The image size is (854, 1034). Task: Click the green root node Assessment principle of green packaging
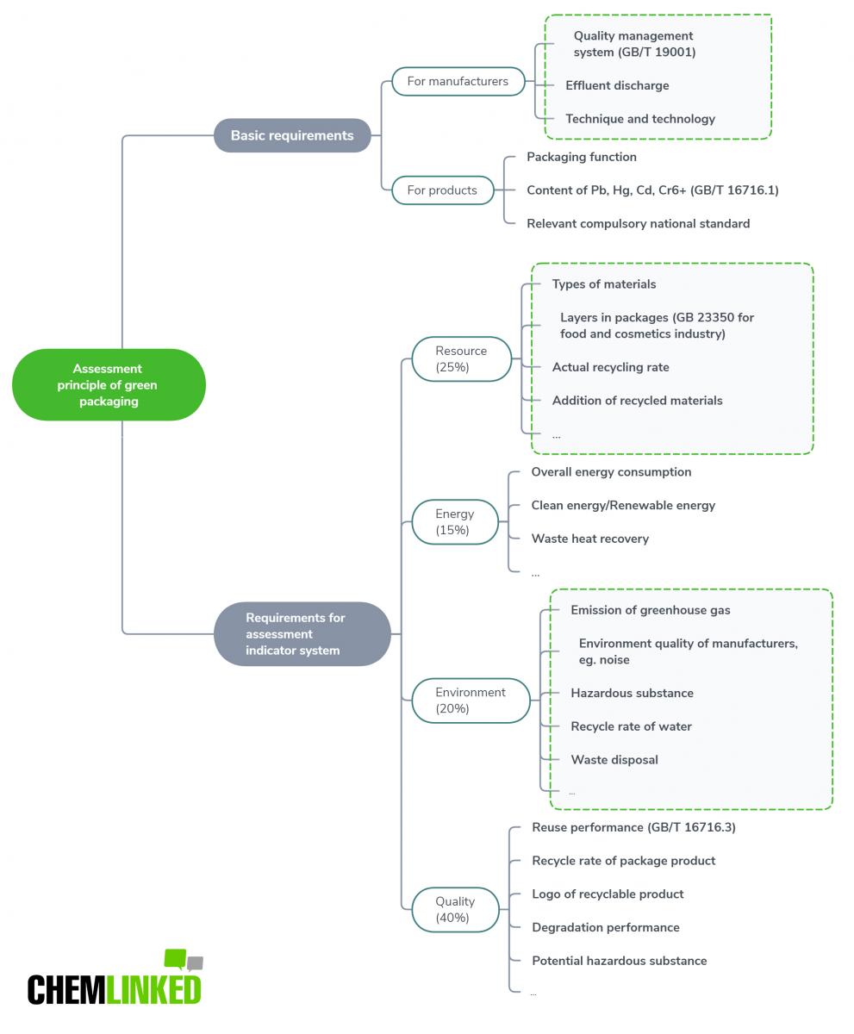(x=109, y=385)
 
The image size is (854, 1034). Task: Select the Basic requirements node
(x=292, y=135)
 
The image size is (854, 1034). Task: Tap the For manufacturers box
(x=458, y=81)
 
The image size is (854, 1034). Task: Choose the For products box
(x=442, y=190)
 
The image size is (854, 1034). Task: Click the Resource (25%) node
(x=461, y=358)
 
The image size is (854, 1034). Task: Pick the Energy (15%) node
(x=454, y=521)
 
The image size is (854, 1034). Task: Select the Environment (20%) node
(x=471, y=700)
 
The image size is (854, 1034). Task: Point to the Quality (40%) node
(x=454, y=909)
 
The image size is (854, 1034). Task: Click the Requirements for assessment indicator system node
(x=302, y=634)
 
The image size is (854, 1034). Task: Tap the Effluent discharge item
(x=617, y=85)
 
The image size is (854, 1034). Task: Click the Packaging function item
(x=582, y=157)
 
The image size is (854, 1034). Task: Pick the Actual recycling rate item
(x=610, y=367)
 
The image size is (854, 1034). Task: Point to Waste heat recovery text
(x=589, y=539)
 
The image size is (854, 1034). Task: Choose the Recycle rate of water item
(x=631, y=726)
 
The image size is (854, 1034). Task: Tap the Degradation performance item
(x=606, y=927)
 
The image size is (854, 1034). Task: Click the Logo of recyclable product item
(x=608, y=894)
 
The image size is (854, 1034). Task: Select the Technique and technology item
(x=640, y=119)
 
